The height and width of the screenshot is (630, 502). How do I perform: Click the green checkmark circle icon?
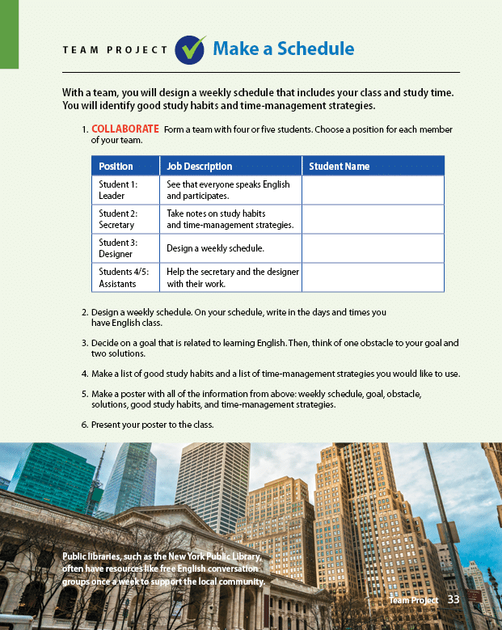[x=191, y=49]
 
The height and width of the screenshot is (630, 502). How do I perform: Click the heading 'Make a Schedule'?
[x=283, y=49]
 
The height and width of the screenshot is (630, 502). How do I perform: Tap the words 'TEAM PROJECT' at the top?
[x=115, y=50]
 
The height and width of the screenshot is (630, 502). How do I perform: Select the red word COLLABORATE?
[x=125, y=129]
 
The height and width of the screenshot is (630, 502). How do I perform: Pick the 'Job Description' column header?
[x=199, y=166]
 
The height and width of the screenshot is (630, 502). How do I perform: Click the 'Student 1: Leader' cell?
[x=118, y=190]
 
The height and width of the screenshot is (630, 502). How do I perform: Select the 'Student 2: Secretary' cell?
[x=118, y=219]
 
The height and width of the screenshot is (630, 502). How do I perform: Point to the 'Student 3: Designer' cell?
[x=118, y=248]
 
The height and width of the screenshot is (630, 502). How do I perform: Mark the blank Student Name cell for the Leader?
[x=373, y=190]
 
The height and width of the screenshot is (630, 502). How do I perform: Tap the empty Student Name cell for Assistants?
[x=373, y=277]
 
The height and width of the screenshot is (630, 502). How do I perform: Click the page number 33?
[x=453, y=599]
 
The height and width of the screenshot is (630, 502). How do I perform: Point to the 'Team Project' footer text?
[x=413, y=600]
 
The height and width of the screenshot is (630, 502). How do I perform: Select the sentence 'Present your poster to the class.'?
[x=152, y=424]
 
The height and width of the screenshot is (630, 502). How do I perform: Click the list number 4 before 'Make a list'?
[x=84, y=374]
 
